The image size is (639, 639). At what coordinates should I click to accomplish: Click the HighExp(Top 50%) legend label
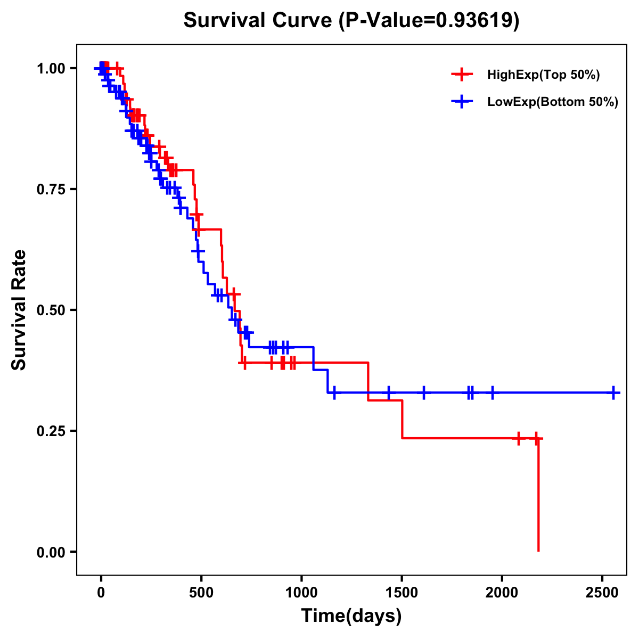544,75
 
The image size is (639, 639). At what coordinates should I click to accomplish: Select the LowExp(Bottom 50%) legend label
553,102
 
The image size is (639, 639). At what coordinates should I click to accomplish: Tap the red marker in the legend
462,75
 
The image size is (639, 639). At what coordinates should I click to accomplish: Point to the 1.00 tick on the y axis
51,69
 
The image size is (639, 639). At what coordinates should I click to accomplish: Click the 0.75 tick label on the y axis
51,190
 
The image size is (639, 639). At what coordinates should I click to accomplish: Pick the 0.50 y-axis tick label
51,310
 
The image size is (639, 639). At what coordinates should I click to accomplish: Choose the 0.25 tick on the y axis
51,431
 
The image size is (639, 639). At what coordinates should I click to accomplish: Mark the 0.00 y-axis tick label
51,552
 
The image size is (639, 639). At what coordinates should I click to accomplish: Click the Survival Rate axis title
19,310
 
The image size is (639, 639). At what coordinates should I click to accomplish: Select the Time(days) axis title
351,616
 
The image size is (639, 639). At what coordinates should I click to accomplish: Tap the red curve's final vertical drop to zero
538,495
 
